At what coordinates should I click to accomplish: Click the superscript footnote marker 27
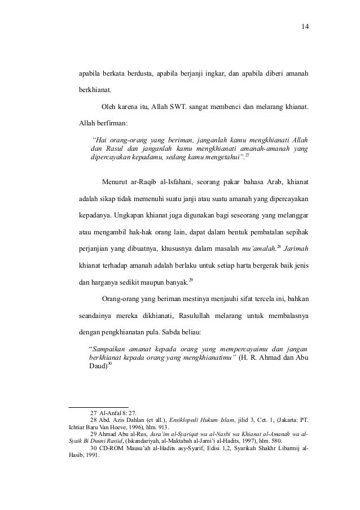pyautogui.click(x=247, y=154)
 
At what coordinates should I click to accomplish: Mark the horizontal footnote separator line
pyautogui.click(x=98, y=406)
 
